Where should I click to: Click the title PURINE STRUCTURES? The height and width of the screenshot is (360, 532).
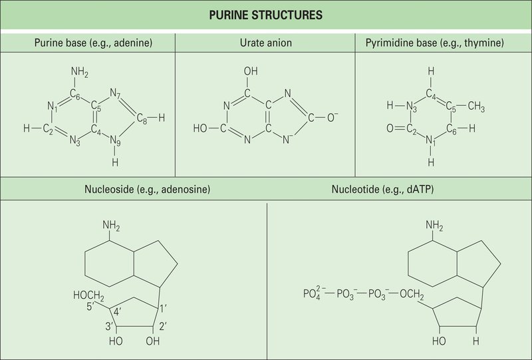click(x=265, y=15)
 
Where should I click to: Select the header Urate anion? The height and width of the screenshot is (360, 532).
click(x=265, y=43)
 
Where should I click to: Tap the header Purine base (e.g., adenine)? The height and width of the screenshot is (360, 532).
click(x=93, y=43)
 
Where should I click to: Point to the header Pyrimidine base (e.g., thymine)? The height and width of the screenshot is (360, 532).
click(x=435, y=43)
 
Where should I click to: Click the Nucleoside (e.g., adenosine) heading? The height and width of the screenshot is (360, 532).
click(x=147, y=189)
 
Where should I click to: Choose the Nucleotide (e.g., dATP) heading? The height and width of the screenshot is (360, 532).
click(x=383, y=189)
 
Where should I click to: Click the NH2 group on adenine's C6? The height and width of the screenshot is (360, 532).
click(x=80, y=72)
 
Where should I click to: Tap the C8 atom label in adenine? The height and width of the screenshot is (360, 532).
click(x=142, y=118)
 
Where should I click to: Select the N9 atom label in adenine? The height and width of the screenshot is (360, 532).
click(x=115, y=140)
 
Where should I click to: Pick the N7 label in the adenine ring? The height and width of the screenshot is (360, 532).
click(x=115, y=93)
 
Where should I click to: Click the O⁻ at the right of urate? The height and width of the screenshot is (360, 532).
click(x=332, y=117)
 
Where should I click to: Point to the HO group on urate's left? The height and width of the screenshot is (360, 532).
click(x=200, y=128)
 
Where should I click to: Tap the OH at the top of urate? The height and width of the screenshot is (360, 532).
click(x=251, y=71)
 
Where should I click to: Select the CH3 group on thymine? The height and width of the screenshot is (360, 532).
click(x=476, y=106)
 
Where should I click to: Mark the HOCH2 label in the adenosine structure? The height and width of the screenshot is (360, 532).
click(x=88, y=295)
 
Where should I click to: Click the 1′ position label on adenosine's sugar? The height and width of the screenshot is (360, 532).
click(x=163, y=308)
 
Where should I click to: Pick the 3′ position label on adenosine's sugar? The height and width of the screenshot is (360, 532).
click(x=109, y=326)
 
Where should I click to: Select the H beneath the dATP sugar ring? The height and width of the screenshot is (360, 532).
click(x=476, y=341)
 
